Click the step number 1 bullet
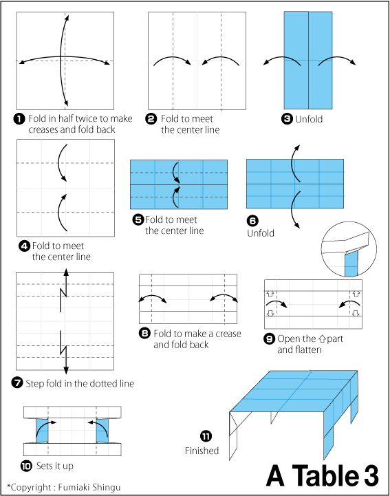point(20,118)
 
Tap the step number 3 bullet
point(287,118)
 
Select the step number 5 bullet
point(138,219)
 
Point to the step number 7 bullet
point(18,383)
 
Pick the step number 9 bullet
point(270,338)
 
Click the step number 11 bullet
point(206,436)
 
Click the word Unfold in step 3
point(309,118)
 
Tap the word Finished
point(202,451)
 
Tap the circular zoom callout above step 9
point(349,250)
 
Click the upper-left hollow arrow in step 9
point(270,294)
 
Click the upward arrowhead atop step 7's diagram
point(66,272)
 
